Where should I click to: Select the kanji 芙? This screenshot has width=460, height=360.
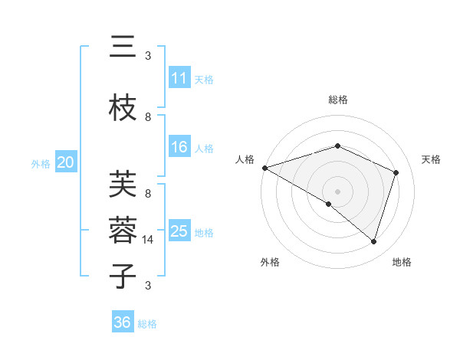123,184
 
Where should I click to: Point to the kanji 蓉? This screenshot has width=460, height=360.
123,230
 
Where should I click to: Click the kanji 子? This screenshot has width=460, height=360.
123,276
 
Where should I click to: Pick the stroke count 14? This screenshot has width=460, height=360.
148,240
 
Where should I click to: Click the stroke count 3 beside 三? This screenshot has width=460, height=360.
148,56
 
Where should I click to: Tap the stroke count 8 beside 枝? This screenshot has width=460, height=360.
148,116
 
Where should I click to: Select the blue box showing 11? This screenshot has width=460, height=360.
179,78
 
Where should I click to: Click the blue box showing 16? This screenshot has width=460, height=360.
179,147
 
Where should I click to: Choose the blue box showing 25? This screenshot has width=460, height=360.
179,231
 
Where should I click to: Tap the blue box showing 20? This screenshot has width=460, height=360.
66,162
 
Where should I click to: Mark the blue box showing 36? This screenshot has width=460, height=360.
123,322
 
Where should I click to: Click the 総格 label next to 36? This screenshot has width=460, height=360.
147,324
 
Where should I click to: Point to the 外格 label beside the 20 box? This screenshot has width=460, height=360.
41,163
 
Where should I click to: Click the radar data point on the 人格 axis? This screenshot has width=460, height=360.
264,168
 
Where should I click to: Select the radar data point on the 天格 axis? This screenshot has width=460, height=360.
396,172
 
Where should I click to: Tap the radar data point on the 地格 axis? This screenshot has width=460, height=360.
373,241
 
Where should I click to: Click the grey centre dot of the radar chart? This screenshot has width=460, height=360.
337,191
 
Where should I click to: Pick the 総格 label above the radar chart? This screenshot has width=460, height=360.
337,100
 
